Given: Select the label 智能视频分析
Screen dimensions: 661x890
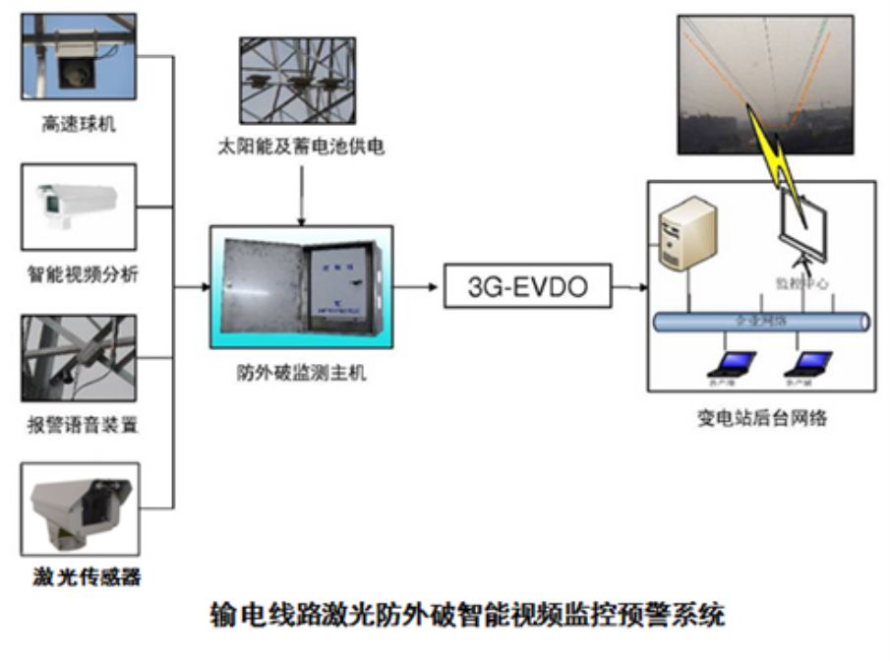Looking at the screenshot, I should point(81,274).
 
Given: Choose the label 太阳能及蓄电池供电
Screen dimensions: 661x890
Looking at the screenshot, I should point(301,148).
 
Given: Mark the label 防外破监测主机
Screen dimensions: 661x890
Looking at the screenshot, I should point(301,375).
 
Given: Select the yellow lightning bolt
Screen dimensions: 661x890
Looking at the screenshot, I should point(772,148).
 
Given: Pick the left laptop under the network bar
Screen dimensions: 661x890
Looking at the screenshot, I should point(732,363).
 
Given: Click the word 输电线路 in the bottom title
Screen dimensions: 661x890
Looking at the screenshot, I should point(258,617).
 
